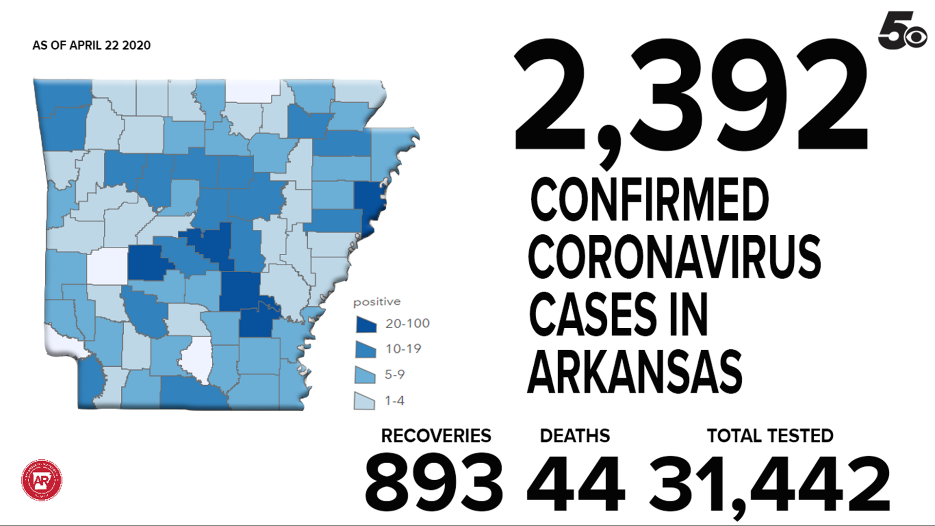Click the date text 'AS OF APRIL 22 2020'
coord(92,45)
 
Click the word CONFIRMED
coord(649,200)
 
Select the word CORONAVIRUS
coord(674,257)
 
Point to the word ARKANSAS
coord(635,372)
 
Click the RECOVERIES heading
coord(436,436)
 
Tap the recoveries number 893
coord(434,482)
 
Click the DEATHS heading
coord(575,436)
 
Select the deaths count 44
coord(576,482)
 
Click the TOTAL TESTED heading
coord(770,436)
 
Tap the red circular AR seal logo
coord(42,480)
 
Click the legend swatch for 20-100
coord(366,324)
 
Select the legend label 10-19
coord(403,349)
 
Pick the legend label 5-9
coord(394,375)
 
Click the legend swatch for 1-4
coord(364,401)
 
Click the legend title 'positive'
coord(377,302)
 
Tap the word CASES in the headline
coord(593,315)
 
